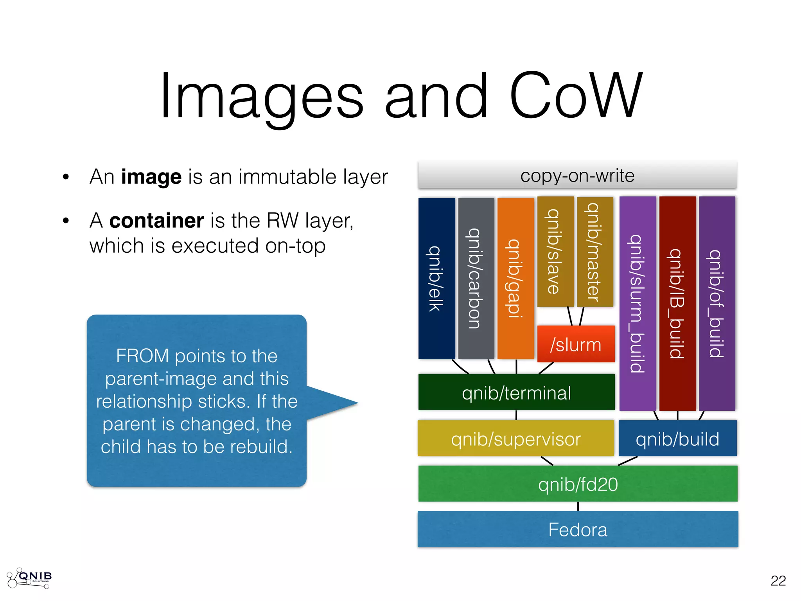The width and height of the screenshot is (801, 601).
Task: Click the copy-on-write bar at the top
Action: (577, 175)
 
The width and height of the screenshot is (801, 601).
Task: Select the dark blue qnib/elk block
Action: (436, 278)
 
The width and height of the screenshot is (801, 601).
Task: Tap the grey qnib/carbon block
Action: (476, 278)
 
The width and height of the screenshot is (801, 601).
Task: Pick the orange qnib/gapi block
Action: (515, 278)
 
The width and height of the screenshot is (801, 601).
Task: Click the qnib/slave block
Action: (555, 252)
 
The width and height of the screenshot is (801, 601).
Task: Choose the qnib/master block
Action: (595, 252)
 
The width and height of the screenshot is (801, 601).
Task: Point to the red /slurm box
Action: (576, 344)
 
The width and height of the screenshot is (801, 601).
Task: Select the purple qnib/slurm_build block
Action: (638, 303)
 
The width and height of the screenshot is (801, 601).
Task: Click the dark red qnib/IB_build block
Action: (677, 303)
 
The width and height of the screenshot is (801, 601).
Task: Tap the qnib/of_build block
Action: (717, 303)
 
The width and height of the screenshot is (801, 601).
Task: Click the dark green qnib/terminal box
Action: (516, 392)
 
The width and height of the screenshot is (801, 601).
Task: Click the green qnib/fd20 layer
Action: (578, 484)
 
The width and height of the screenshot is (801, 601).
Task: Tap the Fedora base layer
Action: (578, 529)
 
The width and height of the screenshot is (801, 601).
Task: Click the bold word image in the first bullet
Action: (151, 177)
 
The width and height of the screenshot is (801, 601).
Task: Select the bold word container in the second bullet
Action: (156, 221)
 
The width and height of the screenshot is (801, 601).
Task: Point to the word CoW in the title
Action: (576, 96)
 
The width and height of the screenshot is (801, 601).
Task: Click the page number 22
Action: (778, 581)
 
